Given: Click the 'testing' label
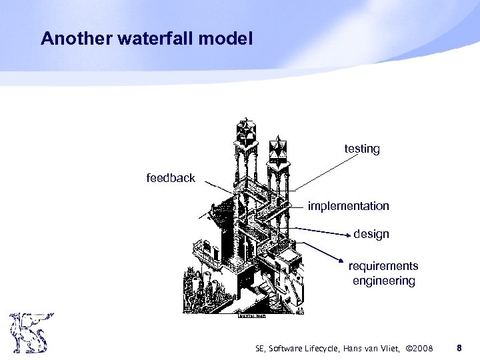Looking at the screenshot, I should (x=362, y=149).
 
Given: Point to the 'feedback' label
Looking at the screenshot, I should (x=171, y=178).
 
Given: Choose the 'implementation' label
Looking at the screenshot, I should (x=348, y=206).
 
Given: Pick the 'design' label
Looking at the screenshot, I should (x=371, y=234).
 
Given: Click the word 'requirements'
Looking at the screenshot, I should (x=383, y=267).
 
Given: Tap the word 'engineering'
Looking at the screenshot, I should (x=383, y=281).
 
